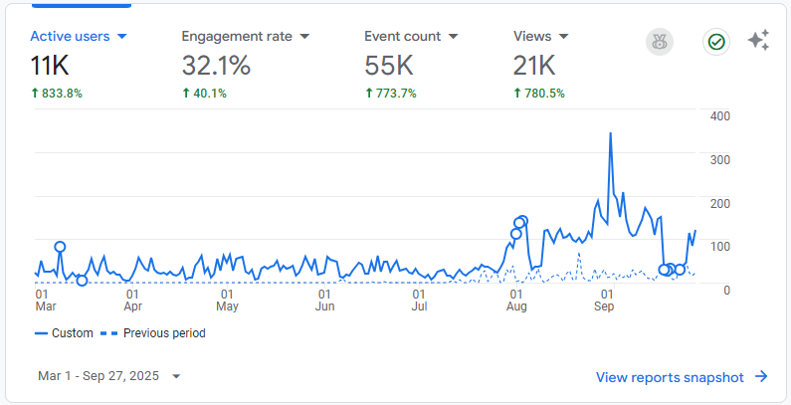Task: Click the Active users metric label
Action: [x=70, y=36]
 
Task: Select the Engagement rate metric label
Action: [x=237, y=36]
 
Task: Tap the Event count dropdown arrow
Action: [x=453, y=37]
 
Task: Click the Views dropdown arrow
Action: [x=564, y=37]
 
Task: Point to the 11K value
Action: [x=49, y=66]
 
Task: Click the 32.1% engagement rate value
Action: [x=216, y=66]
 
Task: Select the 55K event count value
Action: [x=389, y=66]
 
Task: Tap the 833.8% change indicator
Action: [x=57, y=94]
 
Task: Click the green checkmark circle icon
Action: [x=715, y=42]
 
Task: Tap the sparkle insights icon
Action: [x=758, y=41]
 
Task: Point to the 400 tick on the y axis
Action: [x=720, y=116]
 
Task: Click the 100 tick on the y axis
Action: [x=720, y=246]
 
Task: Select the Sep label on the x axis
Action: [x=604, y=307]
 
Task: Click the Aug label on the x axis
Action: [x=516, y=307]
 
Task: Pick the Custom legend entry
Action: [x=64, y=333]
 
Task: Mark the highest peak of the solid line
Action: [x=610, y=133]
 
